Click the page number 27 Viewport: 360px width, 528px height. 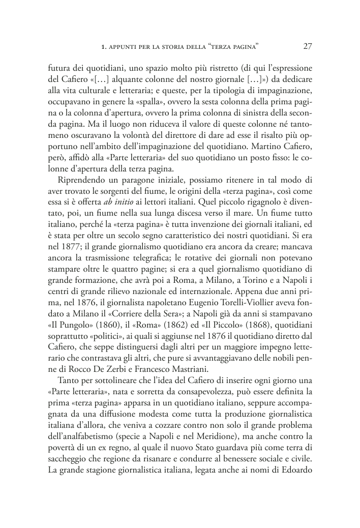point(307,46)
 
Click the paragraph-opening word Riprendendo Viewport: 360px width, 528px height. point(83,176)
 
